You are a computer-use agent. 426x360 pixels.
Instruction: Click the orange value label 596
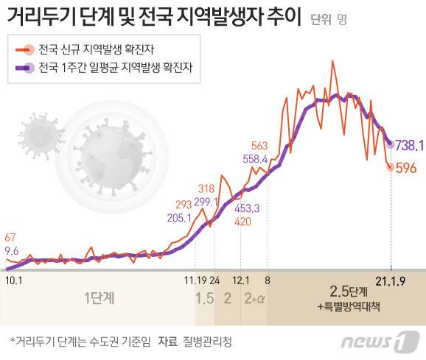click(407, 168)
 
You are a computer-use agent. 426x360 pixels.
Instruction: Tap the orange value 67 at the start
click(10, 238)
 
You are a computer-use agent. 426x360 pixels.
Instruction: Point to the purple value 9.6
click(11, 251)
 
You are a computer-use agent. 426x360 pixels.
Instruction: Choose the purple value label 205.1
click(180, 218)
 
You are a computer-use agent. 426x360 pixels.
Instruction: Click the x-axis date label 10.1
click(13, 280)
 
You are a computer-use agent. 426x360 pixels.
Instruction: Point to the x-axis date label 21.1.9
click(389, 280)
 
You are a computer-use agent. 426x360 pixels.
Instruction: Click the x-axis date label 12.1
click(240, 280)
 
